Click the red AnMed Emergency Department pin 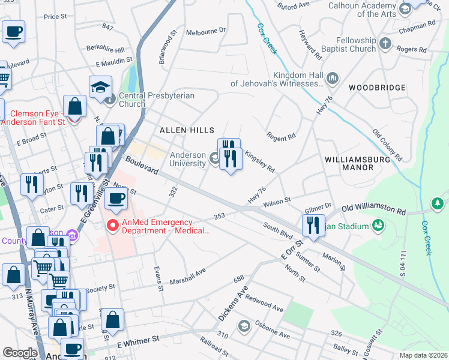pyautogui.click(x=112, y=226)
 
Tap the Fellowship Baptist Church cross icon pyautogui.click(x=385, y=44)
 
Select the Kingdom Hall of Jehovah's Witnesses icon pyautogui.click(x=332, y=79)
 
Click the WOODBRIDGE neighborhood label pyautogui.click(x=376, y=88)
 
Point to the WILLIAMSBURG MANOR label pyautogui.click(x=349, y=163)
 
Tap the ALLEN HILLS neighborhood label pyautogui.click(x=187, y=130)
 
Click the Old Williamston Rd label pyautogui.click(x=373, y=209)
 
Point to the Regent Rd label pyautogui.click(x=282, y=137)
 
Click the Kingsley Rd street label pyautogui.click(x=259, y=161)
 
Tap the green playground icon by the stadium pyautogui.click(x=378, y=226)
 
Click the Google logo pyautogui.click(x=20, y=353)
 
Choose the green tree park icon pyautogui.click(x=439, y=204)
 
